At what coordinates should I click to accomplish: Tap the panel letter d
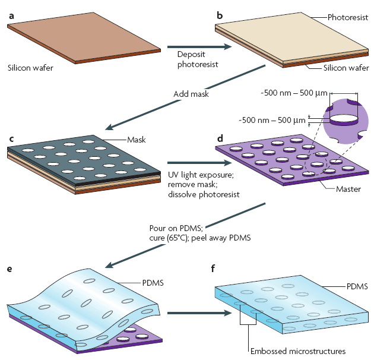click(x=220, y=139)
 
